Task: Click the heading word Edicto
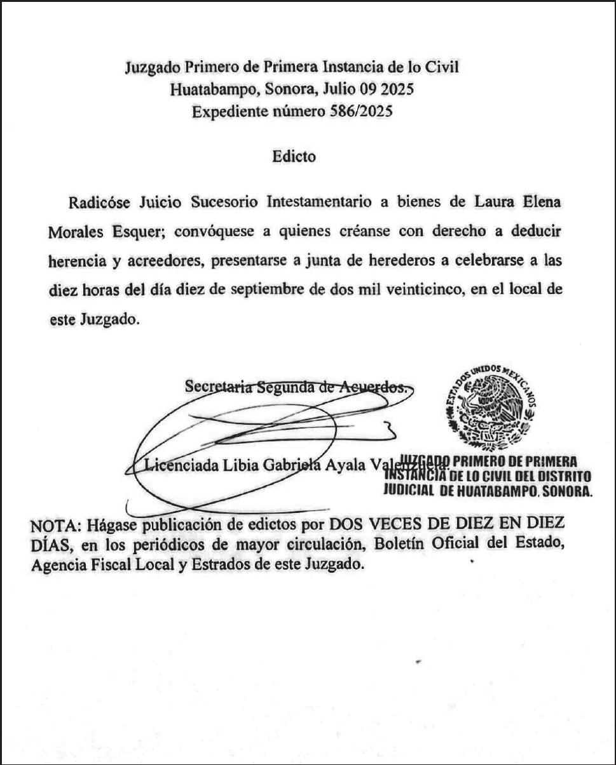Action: click(x=293, y=156)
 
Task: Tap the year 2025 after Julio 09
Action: click(x=398, y=90)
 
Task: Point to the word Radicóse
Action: click(x=99, y=203)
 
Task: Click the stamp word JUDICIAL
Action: click(x=407, y=491)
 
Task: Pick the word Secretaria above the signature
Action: click(x=219, y=387)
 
